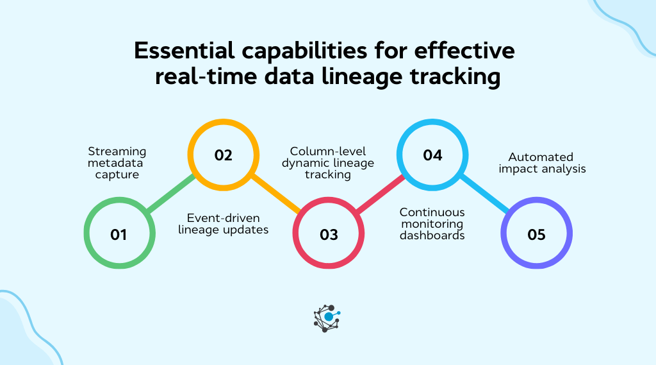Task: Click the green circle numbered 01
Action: (119, 234)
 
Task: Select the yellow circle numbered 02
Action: (223, 155)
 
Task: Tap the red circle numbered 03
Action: (328, 234)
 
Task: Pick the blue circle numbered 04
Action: (432, 155)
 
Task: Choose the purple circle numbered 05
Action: (536, 234)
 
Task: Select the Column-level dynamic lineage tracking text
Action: (328, 163)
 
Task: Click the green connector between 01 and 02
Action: (171, 194)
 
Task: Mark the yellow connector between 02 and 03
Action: (275, 194)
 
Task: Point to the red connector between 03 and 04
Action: (381, 194)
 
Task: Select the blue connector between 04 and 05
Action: (484, 194)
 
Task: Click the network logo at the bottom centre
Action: (327, 318)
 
